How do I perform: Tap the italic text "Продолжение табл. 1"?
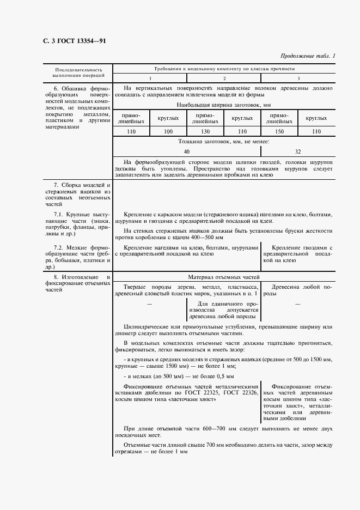pyautogui.click(x=308, y=56)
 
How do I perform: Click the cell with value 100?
pyautogui.click(x=168, y=131)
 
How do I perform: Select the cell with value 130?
pyautogui.click(x=205, y=131)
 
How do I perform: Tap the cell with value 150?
pyautogui.click(x=279, y=131)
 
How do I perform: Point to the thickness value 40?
pyautogui.click(x=187, y=151)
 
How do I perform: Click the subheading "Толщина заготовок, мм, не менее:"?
pyautogui.click(x=223, y=141)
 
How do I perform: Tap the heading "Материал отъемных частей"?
pyautogui.click(x=223, y=277)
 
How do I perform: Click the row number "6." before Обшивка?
pyautogui.click(x=56, y=88)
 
